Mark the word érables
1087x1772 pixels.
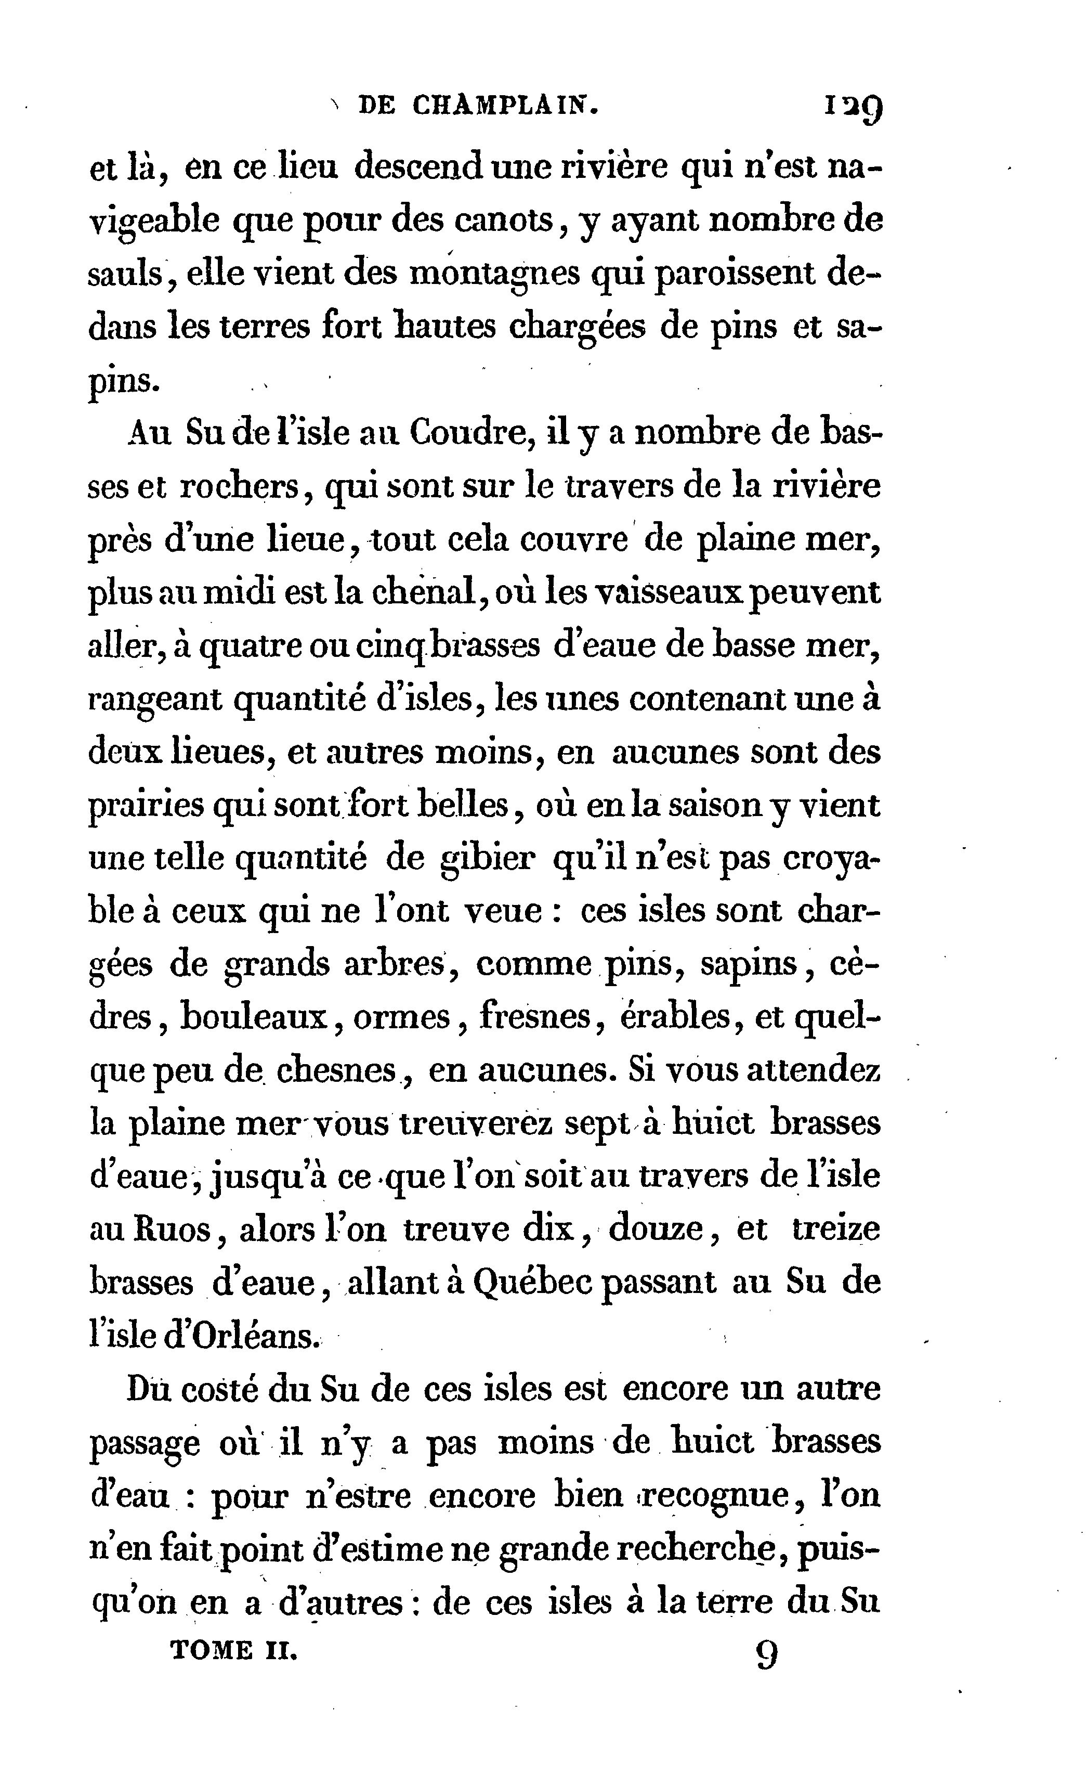coord(672,1016)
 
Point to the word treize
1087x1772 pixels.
coord(835,1229)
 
